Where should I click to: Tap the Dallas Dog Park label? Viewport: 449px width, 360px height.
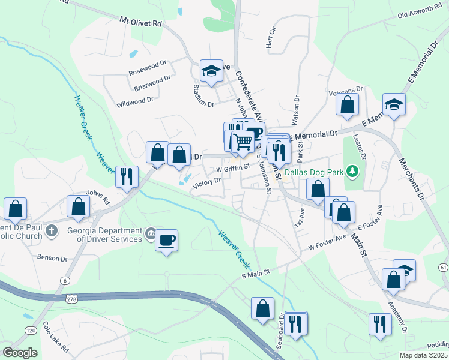(x=314, y=172)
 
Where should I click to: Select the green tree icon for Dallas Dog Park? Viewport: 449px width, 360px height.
(x=354, y=172)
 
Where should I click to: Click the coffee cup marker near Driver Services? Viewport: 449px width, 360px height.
(x=167, y=241)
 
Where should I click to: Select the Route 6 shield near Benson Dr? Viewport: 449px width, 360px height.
(x=64, y=280)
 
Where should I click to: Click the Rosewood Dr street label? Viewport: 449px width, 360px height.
(x=148, y=70)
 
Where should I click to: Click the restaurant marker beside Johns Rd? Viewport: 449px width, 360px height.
(x=126, y=176)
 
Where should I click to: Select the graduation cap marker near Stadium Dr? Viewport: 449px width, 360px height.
(x=211, y=71)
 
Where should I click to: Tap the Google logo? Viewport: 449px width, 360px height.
(x=20, y=352)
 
